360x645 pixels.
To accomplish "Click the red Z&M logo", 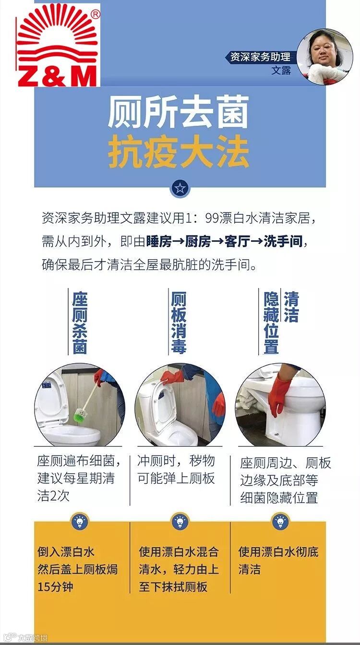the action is tap(58, 46).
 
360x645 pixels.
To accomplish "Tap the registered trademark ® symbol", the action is tap(96, 14).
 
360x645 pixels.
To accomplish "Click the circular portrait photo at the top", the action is tap(325, 57).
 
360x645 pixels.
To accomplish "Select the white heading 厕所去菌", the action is tap(178, 112).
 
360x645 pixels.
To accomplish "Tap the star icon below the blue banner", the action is tap(180, 188).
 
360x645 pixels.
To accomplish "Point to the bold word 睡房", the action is tap(159, 241).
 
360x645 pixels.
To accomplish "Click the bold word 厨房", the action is tap(198, 241).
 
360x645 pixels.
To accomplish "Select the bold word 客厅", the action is tap(237, 241).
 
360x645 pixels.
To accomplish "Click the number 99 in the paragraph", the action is tap(212, 218).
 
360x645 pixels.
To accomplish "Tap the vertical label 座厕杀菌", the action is tap(80, 322).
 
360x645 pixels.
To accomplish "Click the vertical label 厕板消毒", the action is tap(179, 322).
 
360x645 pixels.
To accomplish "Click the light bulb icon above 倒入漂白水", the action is tap(80, 521).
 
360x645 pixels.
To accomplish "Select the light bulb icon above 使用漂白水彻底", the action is tap(280, 521).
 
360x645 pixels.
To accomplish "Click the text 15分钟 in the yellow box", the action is tap(55, 586).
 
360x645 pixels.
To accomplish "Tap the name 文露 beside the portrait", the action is tap(281, 71).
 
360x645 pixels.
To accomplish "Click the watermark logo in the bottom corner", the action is tap(25, 637).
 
